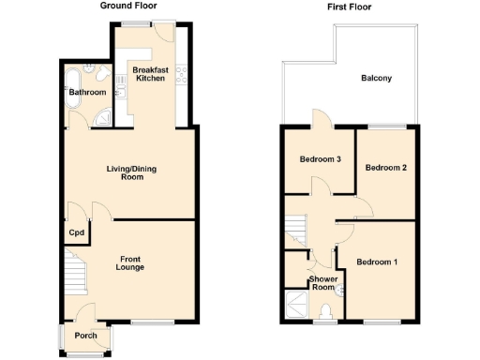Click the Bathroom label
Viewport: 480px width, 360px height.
pyautogui.click(x=86, y=93)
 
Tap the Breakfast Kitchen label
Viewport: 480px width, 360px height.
pyautogui.click(x=150, y=73)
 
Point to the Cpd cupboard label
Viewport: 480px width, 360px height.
pyautogui.click(x=76, y=232)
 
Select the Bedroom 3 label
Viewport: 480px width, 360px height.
pyautogui.click(x=320, y=159)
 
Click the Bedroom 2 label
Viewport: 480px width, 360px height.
pyautogui.click(x=385, y=168)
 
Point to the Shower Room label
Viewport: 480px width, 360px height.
pyautogui.click(x=323, y=284)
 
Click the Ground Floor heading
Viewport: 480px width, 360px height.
pyautogui.click(x=130, y=6)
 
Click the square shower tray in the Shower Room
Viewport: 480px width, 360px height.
pyautogui.click(x=295, y=306)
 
